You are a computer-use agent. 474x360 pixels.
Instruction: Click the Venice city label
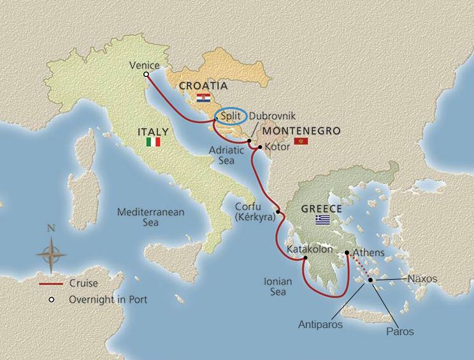pyautogui.click(x=143, y=65)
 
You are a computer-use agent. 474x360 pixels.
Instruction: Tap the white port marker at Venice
pyautogui.click(x=146, y=75)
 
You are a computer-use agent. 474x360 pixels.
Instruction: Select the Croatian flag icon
pyautogui.click(x=203, y=97)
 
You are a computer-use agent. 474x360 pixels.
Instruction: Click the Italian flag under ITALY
pyautogui.click(x=153, y=143)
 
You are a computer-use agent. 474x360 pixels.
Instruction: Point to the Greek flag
pyautogui.click(x=323, y=220)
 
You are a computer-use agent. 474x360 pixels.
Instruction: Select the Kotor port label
pyautogui.click(x=277, y=147)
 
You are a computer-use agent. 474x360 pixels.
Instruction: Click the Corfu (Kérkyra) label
pyautogui.click(x=254, y=212)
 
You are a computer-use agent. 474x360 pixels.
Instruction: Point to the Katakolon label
pyautogui.click(x=310, y=249)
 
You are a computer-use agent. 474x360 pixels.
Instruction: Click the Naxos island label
pyautogui.click(x=423, y=278)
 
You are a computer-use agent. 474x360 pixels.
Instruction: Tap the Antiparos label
pyautogui.click(x=320, y=324)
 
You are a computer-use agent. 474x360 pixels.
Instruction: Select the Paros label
pyautogui.click(x=399, y=331)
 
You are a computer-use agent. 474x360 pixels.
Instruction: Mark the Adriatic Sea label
pyautogui.click(x=226, y=155)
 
